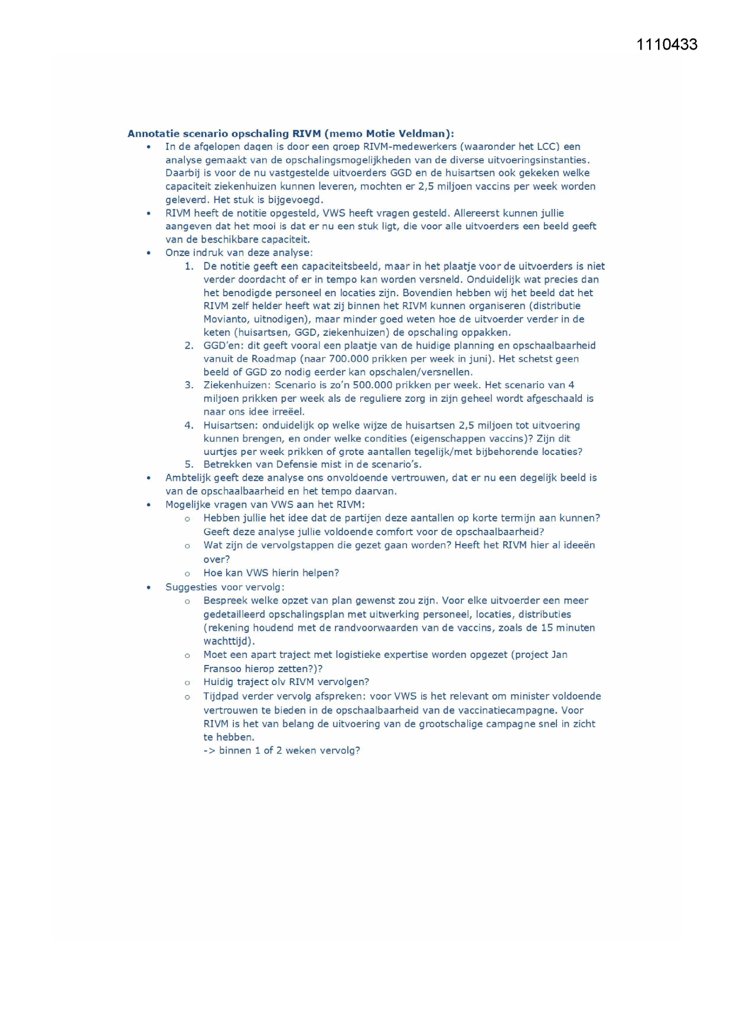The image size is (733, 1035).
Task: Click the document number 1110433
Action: coord(667,45)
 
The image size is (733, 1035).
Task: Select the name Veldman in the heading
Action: coord(421,134)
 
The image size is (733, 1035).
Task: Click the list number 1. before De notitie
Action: coord(189,267)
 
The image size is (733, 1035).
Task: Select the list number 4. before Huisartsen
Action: coord(189,425)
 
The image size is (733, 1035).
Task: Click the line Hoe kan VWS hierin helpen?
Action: coord(271,573)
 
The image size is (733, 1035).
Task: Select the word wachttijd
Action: coord(227,641)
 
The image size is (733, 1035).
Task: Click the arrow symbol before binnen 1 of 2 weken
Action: coord(210,751)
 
